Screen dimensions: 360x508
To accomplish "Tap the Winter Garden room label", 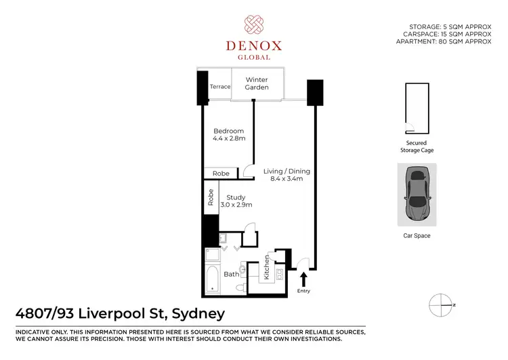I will pyautogui.click(x=257, y=83).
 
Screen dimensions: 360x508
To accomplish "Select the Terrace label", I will pyautogui.click(x=220, y=87).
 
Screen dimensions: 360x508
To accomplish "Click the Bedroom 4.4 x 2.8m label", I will pyautogui.click(x=228, y=135).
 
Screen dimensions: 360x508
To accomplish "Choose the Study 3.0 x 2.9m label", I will pyautogui.click(x=236, y=201).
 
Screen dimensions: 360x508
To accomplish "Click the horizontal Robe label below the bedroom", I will pyautogui.click(x=221, y=174).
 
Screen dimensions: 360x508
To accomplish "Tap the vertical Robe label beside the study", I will pyautogui.click(x=211, y=197).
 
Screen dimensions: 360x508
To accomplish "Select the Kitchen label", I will pyautogui.click(x=267, y=266).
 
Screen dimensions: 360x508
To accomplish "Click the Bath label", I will pyautogui.click(x=232, y=274).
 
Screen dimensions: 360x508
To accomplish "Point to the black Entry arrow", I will pyautogui.click(x=303, y=278).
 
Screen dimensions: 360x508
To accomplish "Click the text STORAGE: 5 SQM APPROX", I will pyautogui.click(x=454, y=26).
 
